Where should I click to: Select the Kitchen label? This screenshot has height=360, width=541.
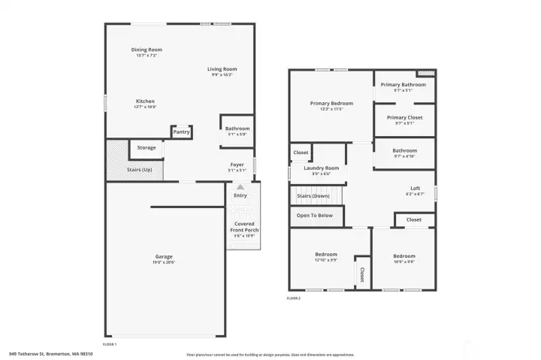145,101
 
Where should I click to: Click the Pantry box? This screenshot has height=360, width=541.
182,132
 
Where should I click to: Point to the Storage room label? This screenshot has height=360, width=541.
147,147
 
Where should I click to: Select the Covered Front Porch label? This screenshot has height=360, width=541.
244,226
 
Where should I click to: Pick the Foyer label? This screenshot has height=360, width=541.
237,164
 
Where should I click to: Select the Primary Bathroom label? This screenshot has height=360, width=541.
403,85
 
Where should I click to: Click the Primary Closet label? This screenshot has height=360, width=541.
405,117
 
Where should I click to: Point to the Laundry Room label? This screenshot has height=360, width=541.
322,168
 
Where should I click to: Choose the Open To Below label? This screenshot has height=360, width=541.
315,215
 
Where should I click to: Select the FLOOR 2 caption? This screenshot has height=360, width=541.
293,298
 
